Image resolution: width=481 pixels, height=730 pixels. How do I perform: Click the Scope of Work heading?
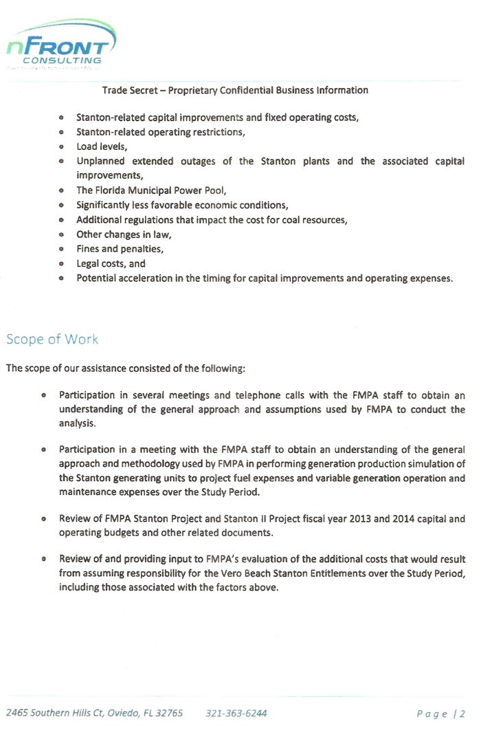[52, 339]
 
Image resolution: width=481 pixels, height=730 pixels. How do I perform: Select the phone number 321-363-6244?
[236, 713]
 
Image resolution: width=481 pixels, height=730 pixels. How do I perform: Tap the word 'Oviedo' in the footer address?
[126, 713]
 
